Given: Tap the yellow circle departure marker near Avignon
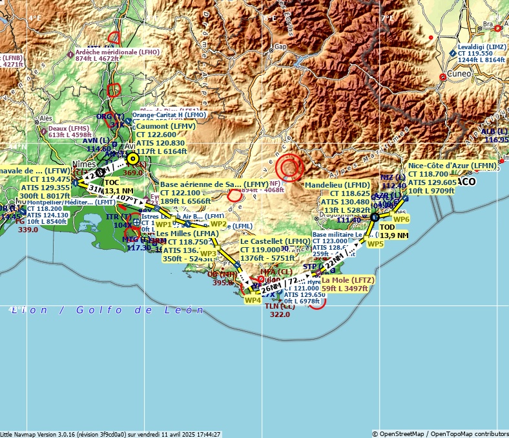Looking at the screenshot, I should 132,158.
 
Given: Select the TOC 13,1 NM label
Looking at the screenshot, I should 119,187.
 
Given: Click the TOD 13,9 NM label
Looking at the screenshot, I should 394,232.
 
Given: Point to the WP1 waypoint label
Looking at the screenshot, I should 164,224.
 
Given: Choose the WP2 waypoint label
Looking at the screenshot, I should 218,224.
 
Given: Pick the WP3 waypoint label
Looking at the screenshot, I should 209,253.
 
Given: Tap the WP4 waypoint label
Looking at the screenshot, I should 253,300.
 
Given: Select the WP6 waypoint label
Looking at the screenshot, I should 401,219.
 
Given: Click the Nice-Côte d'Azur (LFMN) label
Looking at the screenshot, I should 452,166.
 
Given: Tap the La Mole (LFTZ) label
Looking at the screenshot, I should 348,279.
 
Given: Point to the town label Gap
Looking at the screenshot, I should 280,47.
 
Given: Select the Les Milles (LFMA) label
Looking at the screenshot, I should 187,233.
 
